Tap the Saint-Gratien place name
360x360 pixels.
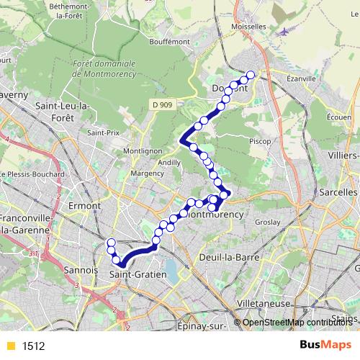point(138,274)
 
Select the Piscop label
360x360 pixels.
point(259,141)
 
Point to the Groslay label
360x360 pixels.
point(267,223)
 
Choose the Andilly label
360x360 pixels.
point(169,163)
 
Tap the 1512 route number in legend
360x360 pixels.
point(33,346)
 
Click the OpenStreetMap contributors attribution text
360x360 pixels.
point(296,323)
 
